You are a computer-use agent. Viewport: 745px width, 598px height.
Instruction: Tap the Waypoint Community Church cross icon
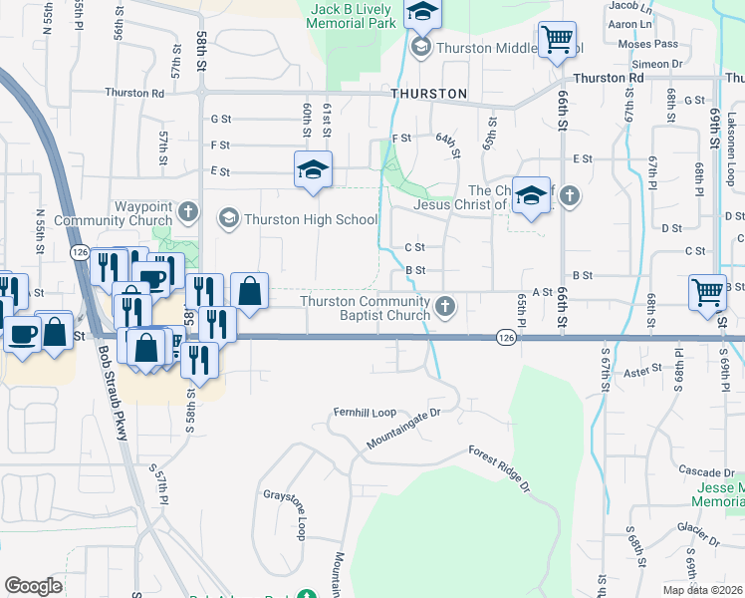[x=189, y=212]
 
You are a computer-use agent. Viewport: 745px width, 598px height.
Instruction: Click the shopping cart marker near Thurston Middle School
[x=557, y=41]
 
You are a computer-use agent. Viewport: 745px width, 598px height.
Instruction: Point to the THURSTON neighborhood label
[x=429, y=94]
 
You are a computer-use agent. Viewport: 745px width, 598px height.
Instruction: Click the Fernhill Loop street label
[x=365, y=412]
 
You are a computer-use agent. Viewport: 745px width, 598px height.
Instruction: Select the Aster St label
[x=642, y=369]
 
